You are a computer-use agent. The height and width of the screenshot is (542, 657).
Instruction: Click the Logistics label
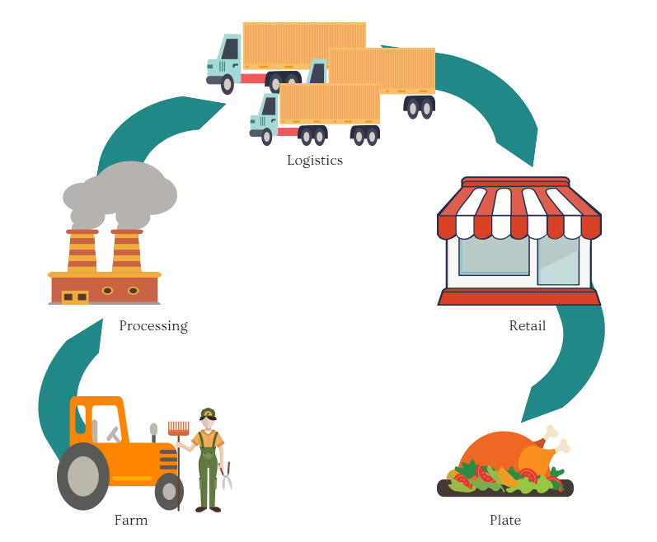point(314,161)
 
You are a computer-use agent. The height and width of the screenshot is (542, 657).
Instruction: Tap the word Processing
point(153,326)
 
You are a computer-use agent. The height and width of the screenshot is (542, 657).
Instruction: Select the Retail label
point(527,326)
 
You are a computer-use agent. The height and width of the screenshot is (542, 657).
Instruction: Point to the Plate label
point(504,521)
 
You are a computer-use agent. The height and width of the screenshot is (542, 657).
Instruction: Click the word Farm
point(131,521)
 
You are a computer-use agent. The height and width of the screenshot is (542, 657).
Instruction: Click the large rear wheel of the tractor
point(82,475)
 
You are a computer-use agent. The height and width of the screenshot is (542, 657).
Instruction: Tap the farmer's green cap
point(207,413)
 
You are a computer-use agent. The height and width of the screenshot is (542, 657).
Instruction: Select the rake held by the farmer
point(178,429)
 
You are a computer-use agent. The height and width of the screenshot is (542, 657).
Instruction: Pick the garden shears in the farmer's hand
point(226,476)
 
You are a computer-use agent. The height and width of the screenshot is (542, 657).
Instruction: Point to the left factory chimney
point(82,250)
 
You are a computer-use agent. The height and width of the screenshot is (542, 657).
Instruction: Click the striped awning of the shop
point(519,211)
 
